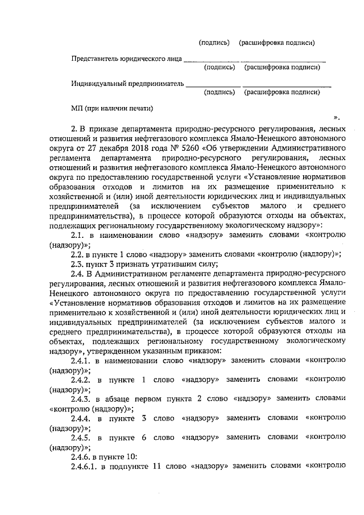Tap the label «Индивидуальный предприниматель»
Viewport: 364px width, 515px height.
(127, 83)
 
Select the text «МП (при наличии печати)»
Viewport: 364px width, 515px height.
(112, 108)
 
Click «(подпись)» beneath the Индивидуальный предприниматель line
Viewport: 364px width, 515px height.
(220, 92)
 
